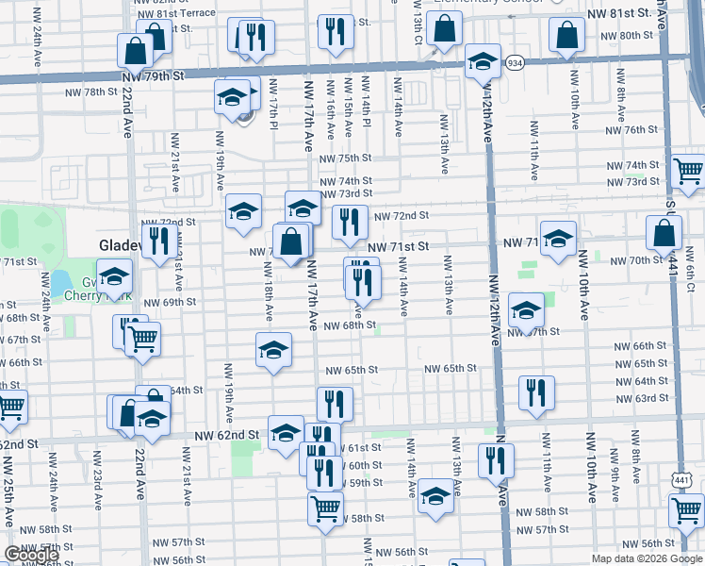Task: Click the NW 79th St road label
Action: point(151,75)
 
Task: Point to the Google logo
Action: point(31,555)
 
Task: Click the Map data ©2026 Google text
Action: point(647,558)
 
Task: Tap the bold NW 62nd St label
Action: point(226,435)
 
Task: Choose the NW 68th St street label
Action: point(350,325)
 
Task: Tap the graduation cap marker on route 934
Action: point(483,62)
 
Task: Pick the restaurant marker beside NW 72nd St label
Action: point(350,222)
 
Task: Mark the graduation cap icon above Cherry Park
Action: point(114,276)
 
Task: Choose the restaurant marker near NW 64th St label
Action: point(536,392)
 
